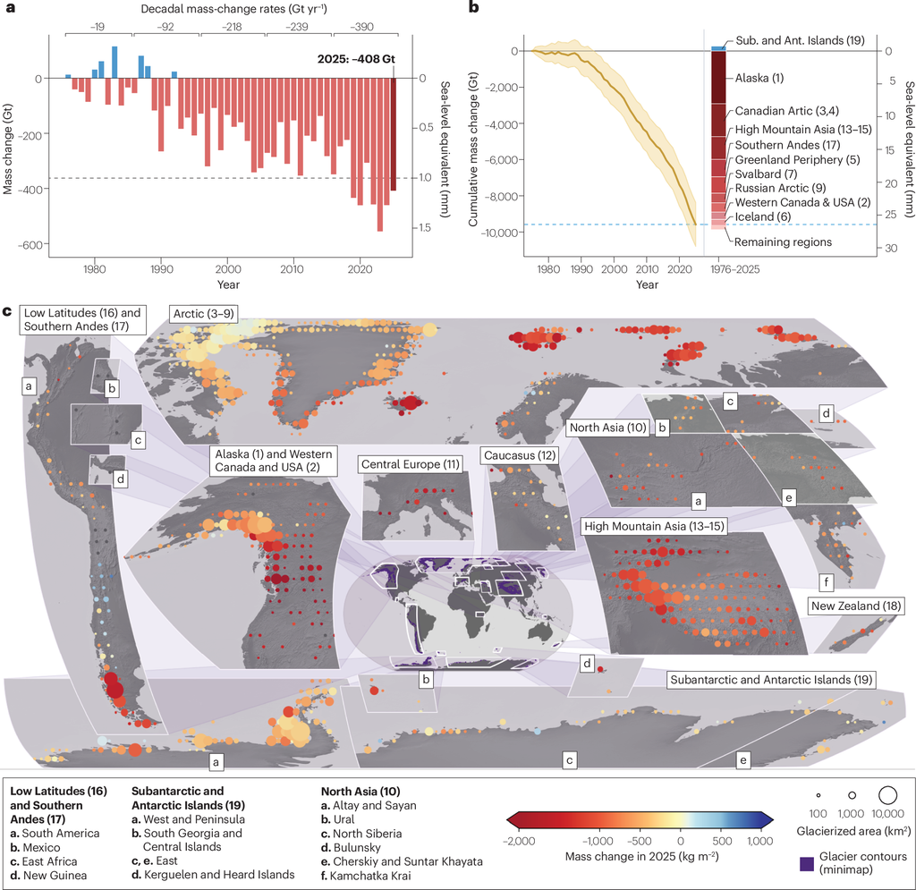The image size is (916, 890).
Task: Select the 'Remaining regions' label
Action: point(777,241)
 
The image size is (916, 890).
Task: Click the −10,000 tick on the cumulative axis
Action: point(491,232)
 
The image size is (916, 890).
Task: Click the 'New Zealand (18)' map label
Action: point(856,606)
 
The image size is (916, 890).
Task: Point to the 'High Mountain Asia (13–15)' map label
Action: point(654,525)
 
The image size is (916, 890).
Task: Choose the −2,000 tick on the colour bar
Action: point(518,841)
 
